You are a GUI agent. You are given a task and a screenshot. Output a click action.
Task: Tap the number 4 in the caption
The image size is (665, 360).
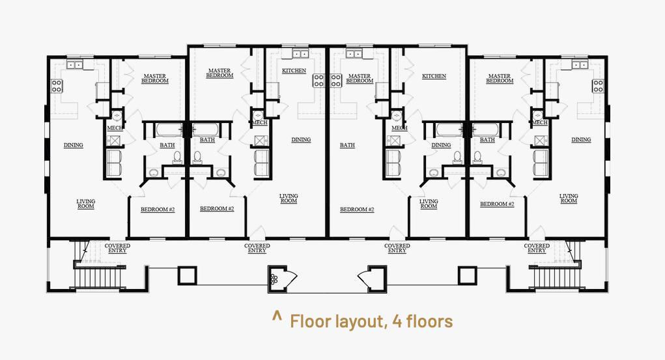[397, 322]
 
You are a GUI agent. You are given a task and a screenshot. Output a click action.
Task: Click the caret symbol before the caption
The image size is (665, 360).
[277, 316]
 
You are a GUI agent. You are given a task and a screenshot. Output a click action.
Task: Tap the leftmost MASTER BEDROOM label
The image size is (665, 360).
[155, 79]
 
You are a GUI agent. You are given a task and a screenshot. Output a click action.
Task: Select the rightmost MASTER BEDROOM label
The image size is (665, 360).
[500, 79]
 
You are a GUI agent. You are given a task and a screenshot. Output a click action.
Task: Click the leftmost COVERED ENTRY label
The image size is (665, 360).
[117, 248]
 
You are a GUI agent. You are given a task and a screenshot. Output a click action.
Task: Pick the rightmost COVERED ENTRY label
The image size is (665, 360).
[537, 248]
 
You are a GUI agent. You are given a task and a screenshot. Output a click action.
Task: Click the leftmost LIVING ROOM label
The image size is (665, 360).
[86, 204]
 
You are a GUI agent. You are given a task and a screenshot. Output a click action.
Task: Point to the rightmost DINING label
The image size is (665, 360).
[581, 139]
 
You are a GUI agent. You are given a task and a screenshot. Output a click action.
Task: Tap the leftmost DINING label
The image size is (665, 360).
[74, 145]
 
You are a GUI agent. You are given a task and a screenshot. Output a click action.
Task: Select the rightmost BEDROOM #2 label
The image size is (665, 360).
[497, 204]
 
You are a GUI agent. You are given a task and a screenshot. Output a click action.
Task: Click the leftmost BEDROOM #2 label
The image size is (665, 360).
[158, 210]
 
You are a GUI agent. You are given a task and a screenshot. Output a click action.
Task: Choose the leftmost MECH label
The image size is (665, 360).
[115, 128]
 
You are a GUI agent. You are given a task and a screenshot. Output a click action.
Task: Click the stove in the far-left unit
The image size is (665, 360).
[57, 86]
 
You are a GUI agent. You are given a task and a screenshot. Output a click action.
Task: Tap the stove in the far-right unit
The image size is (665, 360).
[598, 86]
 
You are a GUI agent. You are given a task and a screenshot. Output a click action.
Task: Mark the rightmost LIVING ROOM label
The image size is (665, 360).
[569, 199]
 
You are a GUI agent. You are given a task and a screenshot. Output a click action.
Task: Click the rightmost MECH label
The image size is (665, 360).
[539, 122]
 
